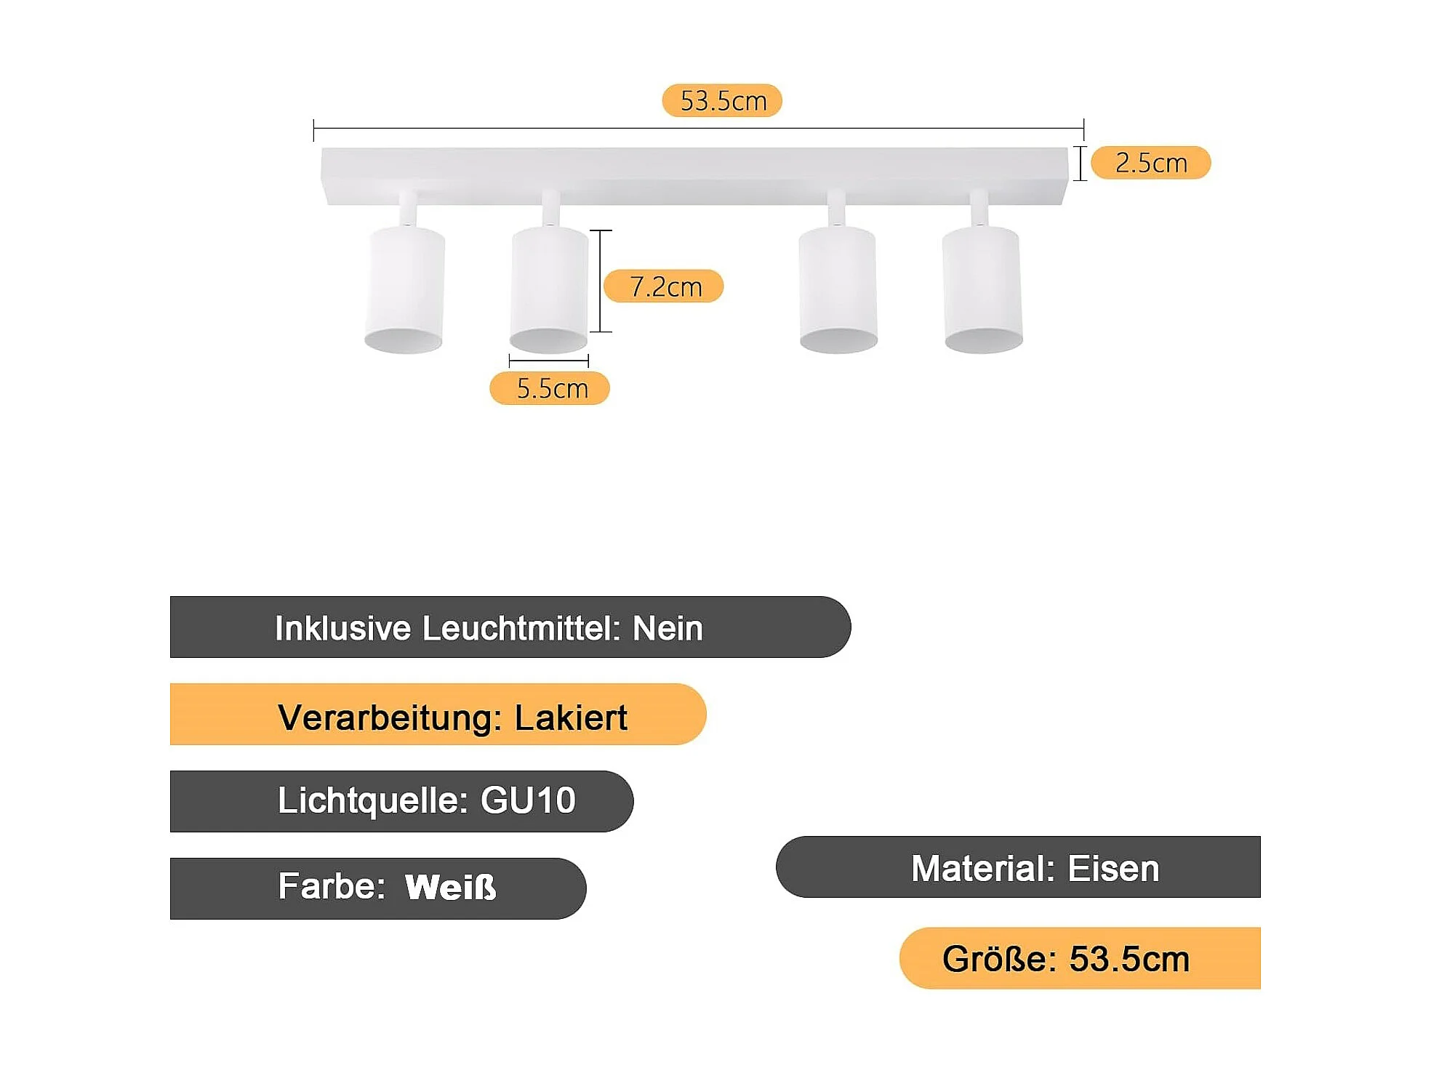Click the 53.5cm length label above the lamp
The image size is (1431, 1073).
721,100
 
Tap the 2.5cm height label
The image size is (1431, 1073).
1150,162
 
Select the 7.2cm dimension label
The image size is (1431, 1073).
664,286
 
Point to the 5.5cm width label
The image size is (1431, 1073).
550,388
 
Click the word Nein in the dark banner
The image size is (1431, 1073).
668,628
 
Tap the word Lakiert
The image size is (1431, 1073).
570,718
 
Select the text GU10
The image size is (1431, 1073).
528,800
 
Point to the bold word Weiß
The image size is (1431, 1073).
450,887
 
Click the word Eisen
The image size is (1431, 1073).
1113,868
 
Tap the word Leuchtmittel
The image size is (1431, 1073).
521,628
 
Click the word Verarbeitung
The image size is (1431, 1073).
390,718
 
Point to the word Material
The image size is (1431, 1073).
982,868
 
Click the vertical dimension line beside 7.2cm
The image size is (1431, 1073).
600,281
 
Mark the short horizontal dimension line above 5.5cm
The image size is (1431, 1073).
548,361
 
